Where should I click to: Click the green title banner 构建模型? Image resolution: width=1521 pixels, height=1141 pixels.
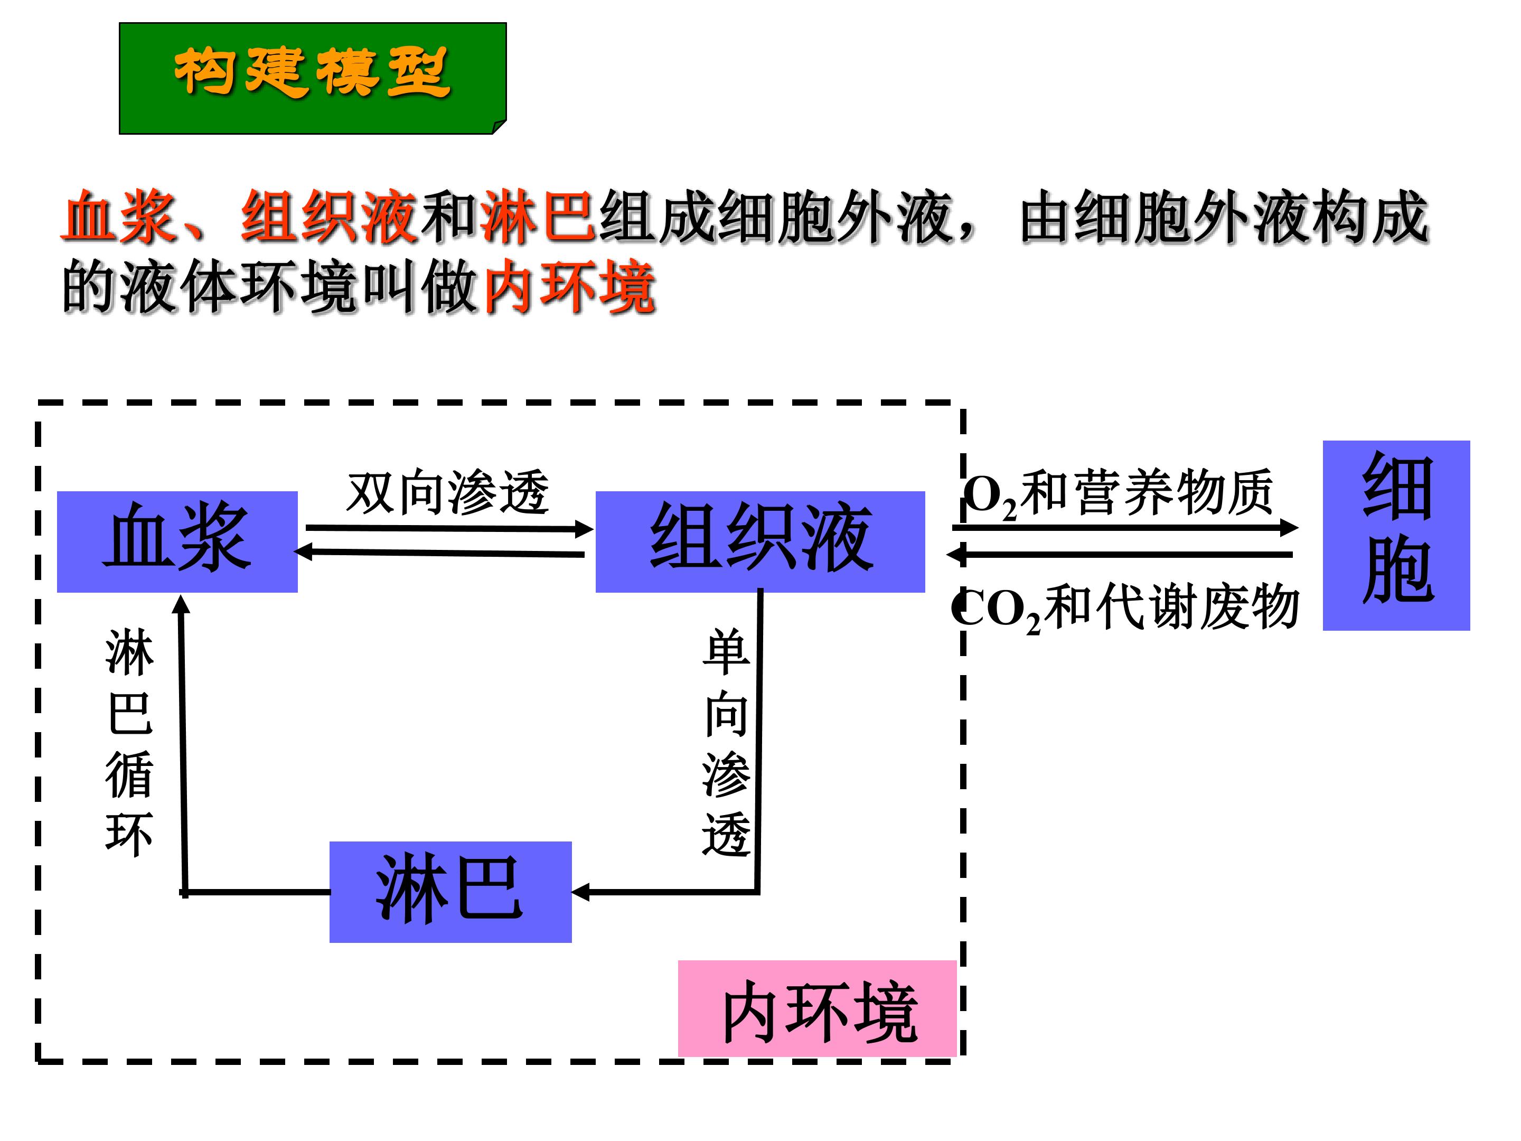(313, 78)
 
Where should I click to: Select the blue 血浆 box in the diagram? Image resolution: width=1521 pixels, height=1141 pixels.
(177, 541)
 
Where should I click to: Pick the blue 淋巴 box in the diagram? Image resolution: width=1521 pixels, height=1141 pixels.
(450, 891)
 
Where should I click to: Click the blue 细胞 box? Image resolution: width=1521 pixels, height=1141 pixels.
(1396, 535)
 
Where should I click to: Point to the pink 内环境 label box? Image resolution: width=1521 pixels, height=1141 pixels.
(817, 1008)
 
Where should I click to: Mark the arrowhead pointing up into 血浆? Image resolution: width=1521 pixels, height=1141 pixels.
(182, 604)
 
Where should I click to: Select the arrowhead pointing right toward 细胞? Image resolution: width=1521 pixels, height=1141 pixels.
(1289, 528)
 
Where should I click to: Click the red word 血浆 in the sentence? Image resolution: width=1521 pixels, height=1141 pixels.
(118, 217)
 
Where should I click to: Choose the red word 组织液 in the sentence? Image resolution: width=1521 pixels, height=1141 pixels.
(328, 217)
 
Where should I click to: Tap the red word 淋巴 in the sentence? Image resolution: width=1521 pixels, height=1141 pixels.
(538, 217)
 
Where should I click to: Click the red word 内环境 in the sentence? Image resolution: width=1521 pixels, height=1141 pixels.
(569, 289)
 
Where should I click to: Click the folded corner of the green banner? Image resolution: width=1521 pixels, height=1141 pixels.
(499, 127)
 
